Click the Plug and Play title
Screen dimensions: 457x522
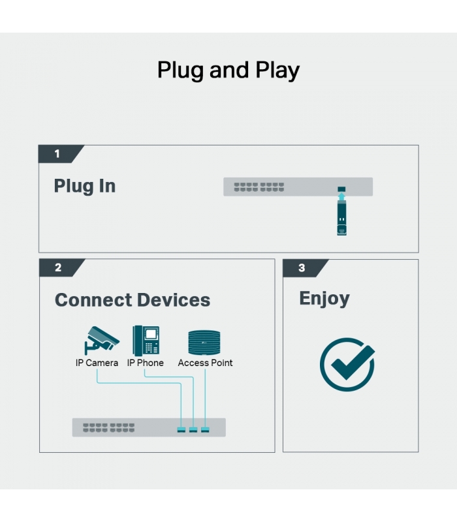tap(228, 70)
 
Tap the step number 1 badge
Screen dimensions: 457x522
tap(60, 154)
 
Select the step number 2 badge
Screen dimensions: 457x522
tap(61, 268)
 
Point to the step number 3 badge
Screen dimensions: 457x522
tap(304, 268)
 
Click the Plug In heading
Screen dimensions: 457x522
tap(85, 186)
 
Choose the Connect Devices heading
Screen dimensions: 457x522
tap(133, 300)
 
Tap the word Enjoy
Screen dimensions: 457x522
tap(324, 299)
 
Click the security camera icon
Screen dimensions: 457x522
tap(102, 340)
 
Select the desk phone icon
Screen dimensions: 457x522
tap(146, 341)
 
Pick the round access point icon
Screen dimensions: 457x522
tap(204, 342)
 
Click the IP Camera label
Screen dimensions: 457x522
tap(97, 363)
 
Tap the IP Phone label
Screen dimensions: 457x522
tap(145, 363)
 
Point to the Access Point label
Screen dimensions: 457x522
tap(205, 363)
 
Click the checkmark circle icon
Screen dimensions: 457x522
tap(347, 365)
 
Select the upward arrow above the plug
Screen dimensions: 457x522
tap(341, 196)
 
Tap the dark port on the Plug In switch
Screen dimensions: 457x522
tap(341, 189)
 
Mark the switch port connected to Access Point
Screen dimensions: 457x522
tap(205, 430)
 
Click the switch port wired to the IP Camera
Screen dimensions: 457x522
tap(181, 430)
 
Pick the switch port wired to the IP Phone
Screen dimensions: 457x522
tap(193, 430)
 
